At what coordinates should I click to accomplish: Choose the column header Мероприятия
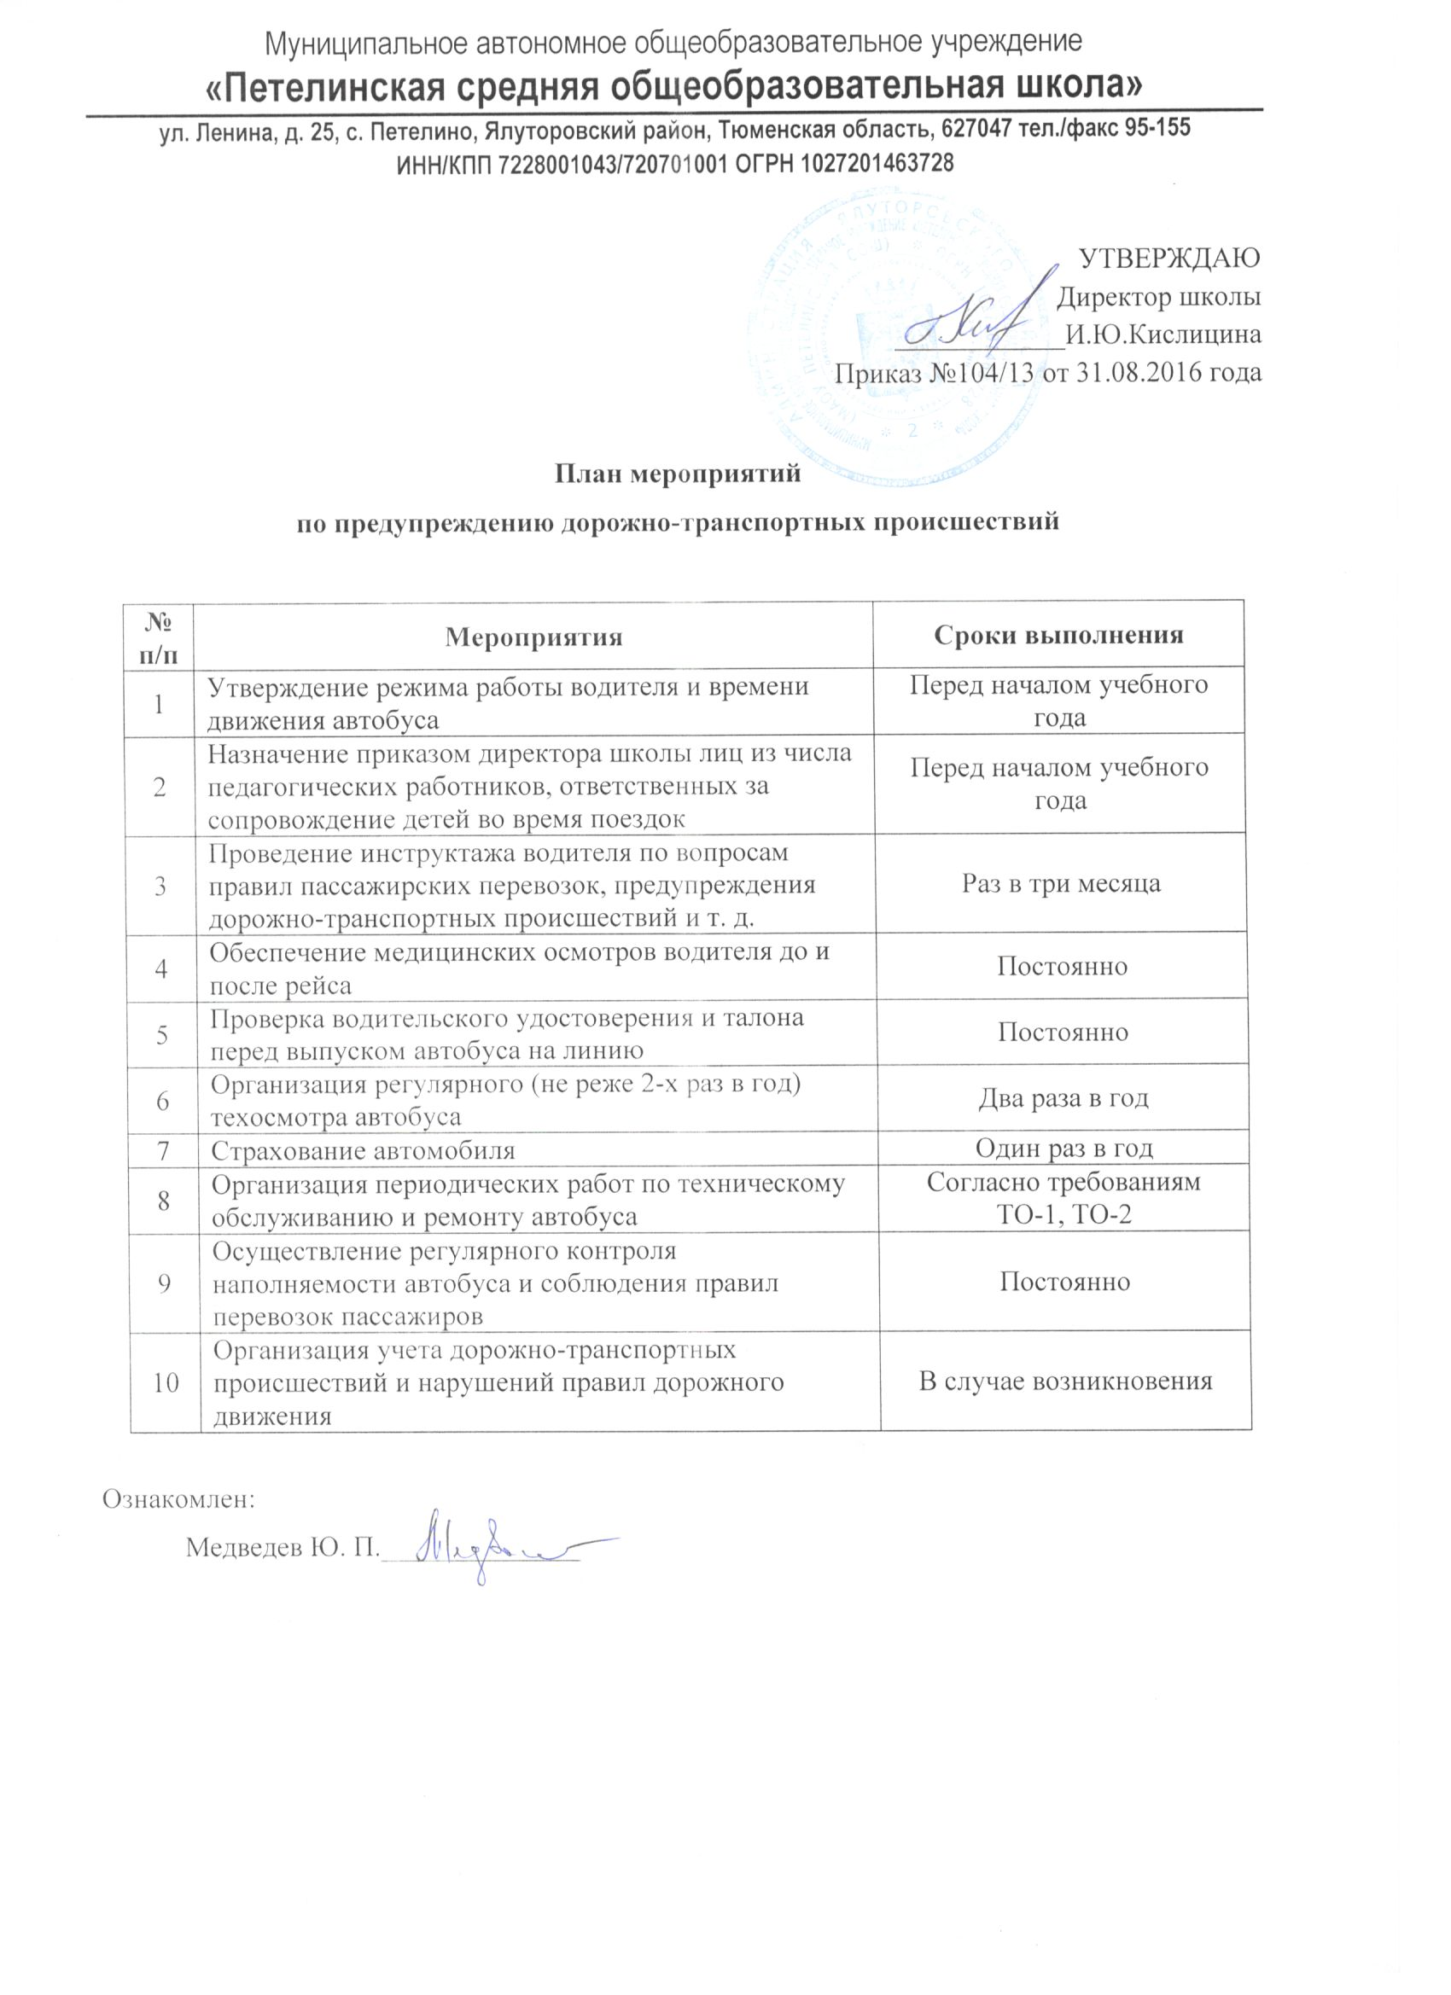click(x=533, y=637)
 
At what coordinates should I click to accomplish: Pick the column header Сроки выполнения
click(x=1058, y=635)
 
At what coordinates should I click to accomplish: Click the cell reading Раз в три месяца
click(x=1061, y=883)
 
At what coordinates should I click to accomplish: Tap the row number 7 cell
click(x=163, y=1149)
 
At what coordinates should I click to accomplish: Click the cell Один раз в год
click(x=1063, y=1148)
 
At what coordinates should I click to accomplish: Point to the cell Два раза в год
click(x=1063, y=1099)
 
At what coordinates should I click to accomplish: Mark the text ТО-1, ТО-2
click(x=1063, y=1216)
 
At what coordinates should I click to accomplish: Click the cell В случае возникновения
click(x=1065, y=1381)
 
